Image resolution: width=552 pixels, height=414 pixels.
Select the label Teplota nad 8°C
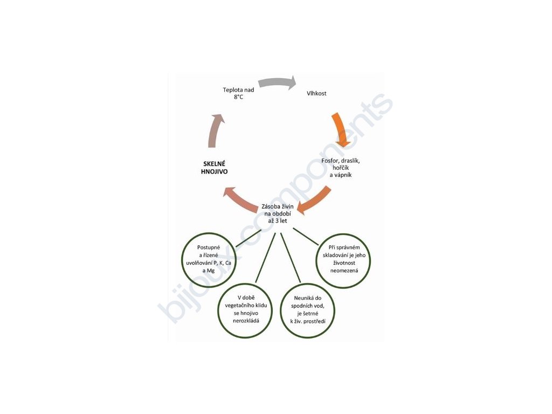(238, 93)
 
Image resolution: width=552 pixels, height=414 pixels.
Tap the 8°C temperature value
(238, 97)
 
